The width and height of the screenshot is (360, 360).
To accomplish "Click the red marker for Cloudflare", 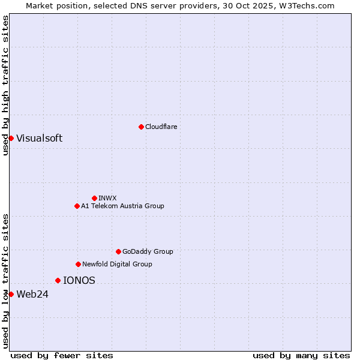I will (x=141, y=127).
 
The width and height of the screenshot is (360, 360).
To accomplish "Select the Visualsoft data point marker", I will (x=11, y=138).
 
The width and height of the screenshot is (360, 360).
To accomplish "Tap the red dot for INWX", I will (x=94, y=198).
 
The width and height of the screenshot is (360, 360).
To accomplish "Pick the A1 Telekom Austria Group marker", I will (x=77, y=206).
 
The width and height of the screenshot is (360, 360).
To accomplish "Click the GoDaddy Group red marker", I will (x=118, y=251).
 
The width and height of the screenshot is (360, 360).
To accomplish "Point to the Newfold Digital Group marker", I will (x=78, y=264).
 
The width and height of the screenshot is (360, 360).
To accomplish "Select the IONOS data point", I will (x=58, y=280).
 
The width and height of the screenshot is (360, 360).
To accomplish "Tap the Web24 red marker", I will (x=11, y=294).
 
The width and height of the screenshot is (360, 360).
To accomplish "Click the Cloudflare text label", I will (x=161, y=127).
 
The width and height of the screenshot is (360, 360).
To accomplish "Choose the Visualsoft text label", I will (x=39, y=138).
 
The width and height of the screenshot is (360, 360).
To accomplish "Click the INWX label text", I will (x=107, y=198).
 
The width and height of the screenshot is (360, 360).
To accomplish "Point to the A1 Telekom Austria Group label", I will (x=122, y=206).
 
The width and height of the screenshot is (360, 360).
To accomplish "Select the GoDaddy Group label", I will (x=148, y=251).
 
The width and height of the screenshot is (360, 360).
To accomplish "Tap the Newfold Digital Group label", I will (x=117, y=264).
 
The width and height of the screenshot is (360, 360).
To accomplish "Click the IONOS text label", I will (x=79, y=280).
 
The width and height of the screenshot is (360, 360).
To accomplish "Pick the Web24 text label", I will (x=32, y=294).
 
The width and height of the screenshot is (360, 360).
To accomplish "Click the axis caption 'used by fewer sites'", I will (x=62, y=355).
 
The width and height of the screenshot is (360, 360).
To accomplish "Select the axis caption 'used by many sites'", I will (x=301, y=355).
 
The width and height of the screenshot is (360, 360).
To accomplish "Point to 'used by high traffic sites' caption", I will (x=5, y=85).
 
